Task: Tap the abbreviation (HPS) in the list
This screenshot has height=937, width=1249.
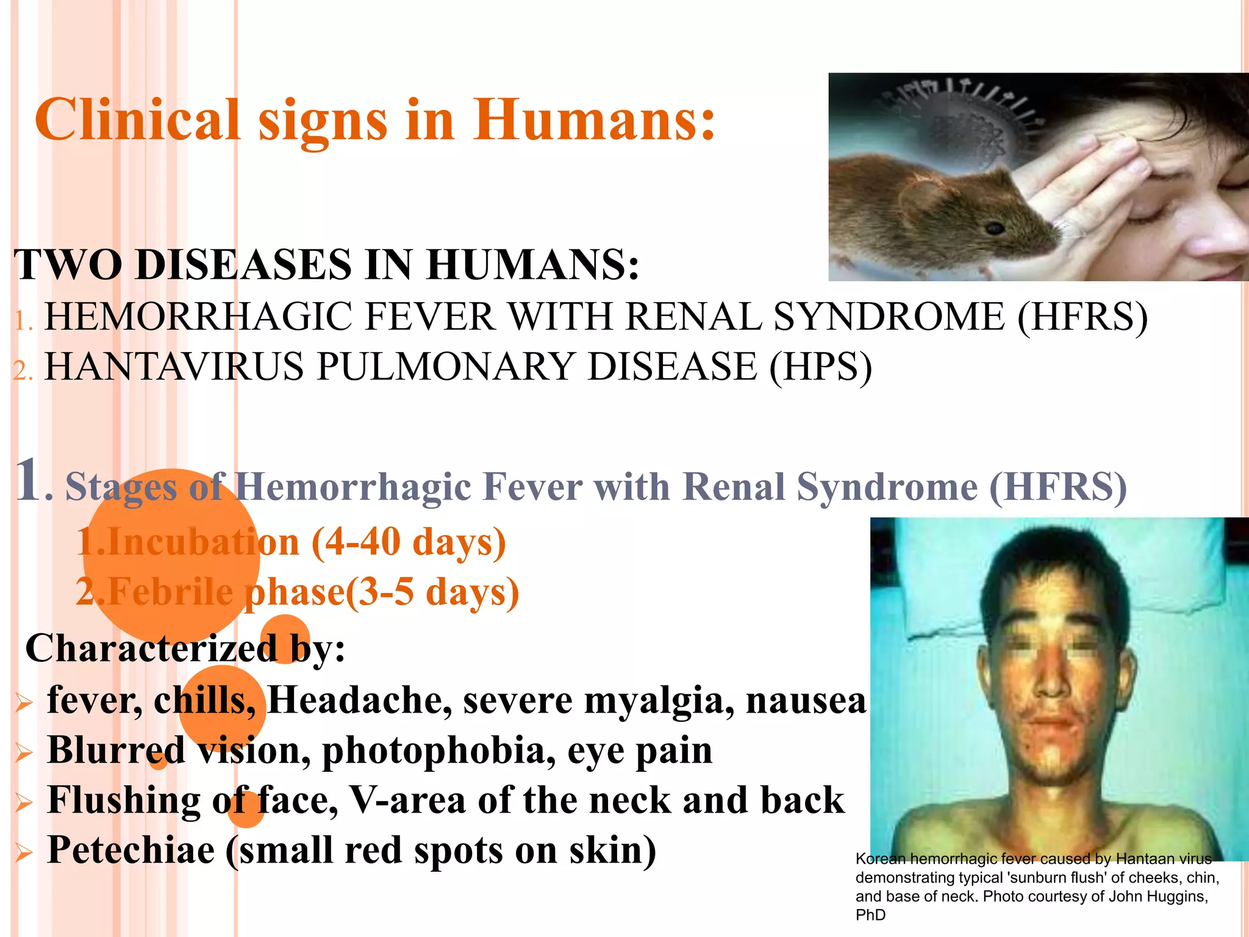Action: coord(820,368)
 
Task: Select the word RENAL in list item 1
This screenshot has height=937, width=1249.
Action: coord(694,317)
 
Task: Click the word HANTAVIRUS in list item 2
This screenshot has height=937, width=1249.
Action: coord(174,368)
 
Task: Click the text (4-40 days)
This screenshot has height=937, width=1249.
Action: coord(409,542)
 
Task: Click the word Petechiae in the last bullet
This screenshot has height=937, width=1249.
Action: coord(131,850)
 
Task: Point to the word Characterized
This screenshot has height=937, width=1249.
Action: coord(151,648)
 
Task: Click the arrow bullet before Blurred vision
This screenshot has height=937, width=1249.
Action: coord(24,753)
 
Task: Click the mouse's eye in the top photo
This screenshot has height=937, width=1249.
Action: coord(995,229)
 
